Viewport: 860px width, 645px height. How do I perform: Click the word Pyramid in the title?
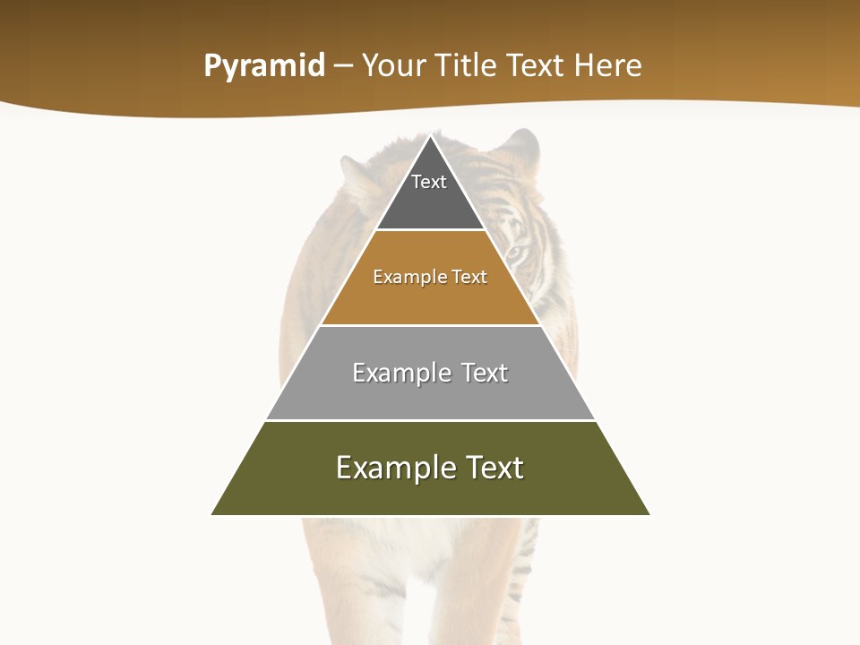tap(264, 66)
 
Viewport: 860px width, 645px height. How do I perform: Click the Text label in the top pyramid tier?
tap(429, 182)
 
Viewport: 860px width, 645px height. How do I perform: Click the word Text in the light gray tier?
tap(485, 373)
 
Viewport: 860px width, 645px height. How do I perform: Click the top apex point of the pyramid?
tap(431, 135)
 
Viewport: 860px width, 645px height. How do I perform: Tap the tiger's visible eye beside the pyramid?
tap(517, 253)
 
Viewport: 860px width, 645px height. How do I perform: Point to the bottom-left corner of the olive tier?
tap(212, 514)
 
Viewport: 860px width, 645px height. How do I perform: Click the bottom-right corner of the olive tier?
tap(649, 514)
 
